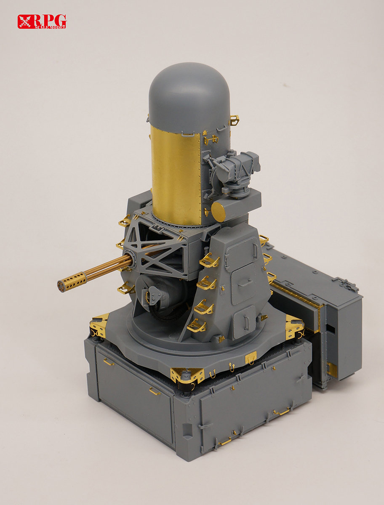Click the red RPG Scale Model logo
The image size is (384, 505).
pyautogui.click(x=42, y=21)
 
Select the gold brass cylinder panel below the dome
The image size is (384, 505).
pyautogui.click(x=177, y=175)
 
